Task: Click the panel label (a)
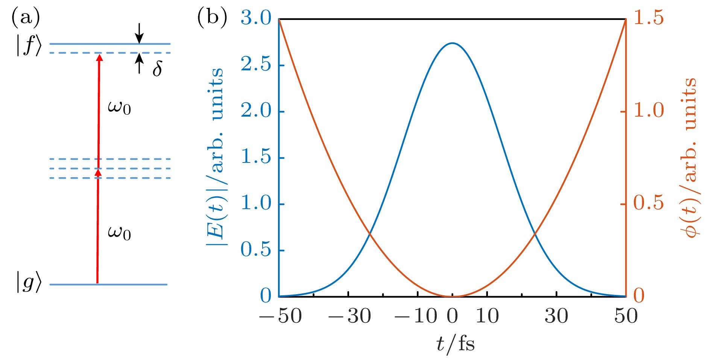point(26,18)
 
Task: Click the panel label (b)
point(212,18)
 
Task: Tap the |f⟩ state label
point(29,46)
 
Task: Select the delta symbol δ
point(158,69)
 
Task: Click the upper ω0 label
point(119,108)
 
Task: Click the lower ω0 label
point(119,233)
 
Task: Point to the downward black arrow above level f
point(139,33)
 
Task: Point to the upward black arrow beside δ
point(139,63)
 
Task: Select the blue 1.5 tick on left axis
point(256,157)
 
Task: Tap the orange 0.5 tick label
point(649,203)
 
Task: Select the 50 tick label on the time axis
point(626,316)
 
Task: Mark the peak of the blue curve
point(452,43)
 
